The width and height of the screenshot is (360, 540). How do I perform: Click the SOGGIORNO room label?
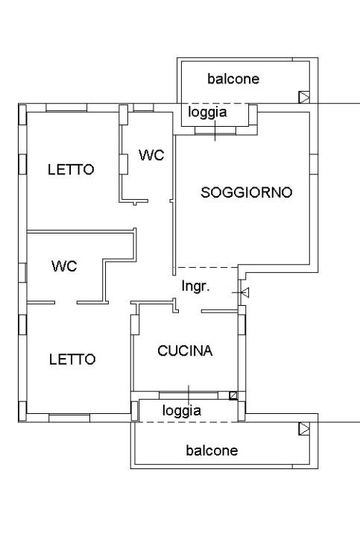point(247,192)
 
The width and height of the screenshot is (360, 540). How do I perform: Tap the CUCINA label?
point(185,351)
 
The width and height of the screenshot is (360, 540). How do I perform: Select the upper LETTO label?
point(71,169)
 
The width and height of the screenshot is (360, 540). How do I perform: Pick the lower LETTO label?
point(72,360)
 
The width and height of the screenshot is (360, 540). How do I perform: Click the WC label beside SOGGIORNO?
point(151,155)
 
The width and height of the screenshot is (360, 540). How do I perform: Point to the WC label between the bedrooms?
point(64,266)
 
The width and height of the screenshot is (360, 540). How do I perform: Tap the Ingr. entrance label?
point(195,286)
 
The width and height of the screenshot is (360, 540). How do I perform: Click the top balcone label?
point(233,79)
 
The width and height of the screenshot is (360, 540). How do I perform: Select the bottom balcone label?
point(212,450)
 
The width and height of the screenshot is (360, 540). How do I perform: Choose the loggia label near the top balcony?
point(207,113)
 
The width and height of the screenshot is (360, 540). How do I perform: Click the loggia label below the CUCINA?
point(182,410)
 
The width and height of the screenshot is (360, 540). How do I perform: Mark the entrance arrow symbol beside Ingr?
point(244,292)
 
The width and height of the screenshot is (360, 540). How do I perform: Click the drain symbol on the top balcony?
point(304,97)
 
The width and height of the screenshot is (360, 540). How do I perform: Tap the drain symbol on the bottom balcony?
point(304,429)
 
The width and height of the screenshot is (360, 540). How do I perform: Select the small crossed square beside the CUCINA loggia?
point(233,395)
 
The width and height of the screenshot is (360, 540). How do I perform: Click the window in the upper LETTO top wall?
point(66,107)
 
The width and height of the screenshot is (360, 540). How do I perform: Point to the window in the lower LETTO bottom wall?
point(69,418)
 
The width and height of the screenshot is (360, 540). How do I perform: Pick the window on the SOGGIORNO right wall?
point(314,164)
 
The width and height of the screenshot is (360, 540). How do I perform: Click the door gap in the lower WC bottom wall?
point(66,303)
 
